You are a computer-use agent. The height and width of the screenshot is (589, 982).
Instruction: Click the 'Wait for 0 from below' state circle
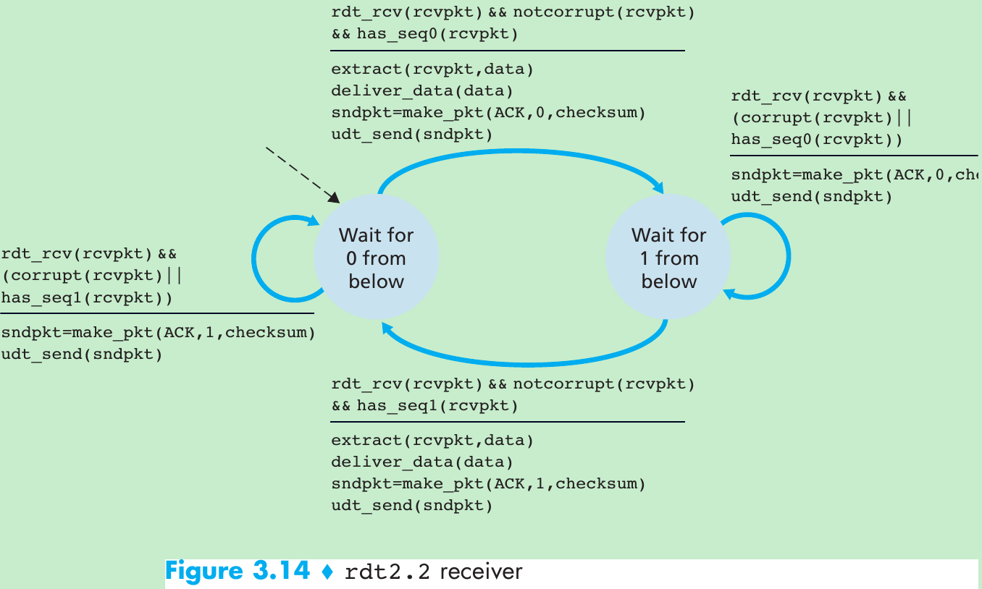coord(376,258)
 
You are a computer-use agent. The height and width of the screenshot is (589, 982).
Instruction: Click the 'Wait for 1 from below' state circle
coord(668,258)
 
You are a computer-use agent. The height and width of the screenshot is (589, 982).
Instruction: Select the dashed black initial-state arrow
coord(301,174)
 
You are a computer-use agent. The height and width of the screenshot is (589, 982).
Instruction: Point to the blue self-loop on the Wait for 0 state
coord(254,258)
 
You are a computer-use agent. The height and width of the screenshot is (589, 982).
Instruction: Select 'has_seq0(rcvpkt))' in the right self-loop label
coord(817,140)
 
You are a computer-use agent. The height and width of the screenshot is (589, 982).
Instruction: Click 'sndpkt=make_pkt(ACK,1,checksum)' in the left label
coord(158,333)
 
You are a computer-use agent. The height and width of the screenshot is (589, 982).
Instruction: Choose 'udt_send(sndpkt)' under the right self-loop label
coord(811,196)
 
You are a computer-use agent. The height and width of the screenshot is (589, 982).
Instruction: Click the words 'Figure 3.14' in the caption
coord(238,572)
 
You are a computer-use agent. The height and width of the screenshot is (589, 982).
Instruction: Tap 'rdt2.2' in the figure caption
coord(387,572)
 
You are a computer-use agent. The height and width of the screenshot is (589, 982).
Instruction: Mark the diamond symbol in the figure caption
coord(327,572)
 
